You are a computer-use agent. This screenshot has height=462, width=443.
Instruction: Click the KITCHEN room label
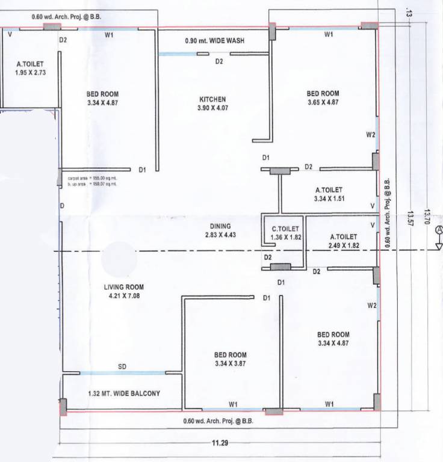pyautogui.click(x=212, y=99)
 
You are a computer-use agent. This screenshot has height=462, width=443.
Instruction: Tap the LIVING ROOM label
pyautogui.click(x=123, y=287)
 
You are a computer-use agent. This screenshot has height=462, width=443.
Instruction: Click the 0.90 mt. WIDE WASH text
pyautogui.click(x=217, y=42)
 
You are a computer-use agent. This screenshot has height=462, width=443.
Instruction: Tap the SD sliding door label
pyautogui.click(x=122, y=366)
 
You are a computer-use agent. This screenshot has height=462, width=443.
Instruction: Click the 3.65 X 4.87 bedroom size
pyautogui.click(x=323, y=102)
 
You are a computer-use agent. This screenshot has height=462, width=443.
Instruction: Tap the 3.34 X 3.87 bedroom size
pyautogui.click(x=230, y=363)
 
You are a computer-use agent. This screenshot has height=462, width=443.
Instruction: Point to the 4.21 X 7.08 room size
pyautogui.click(x=123, y=295)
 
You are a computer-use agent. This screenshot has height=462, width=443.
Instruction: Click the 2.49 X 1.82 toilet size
pyautogui.click(x=343, y=246)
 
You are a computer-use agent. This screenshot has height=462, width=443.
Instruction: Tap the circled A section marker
pyautogui.click(x=439, y=230)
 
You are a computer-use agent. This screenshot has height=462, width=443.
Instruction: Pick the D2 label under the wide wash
pyautogui.click(x=219, y=61)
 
